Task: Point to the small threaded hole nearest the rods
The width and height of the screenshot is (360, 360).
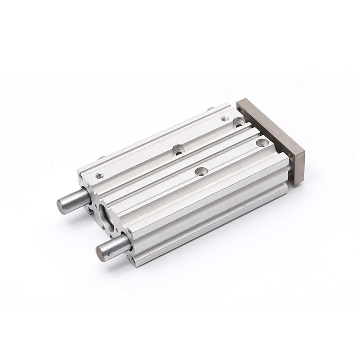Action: point(100,175)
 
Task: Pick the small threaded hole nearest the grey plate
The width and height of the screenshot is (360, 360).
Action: point(224,119)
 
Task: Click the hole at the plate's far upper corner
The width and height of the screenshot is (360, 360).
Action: point(240,109)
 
